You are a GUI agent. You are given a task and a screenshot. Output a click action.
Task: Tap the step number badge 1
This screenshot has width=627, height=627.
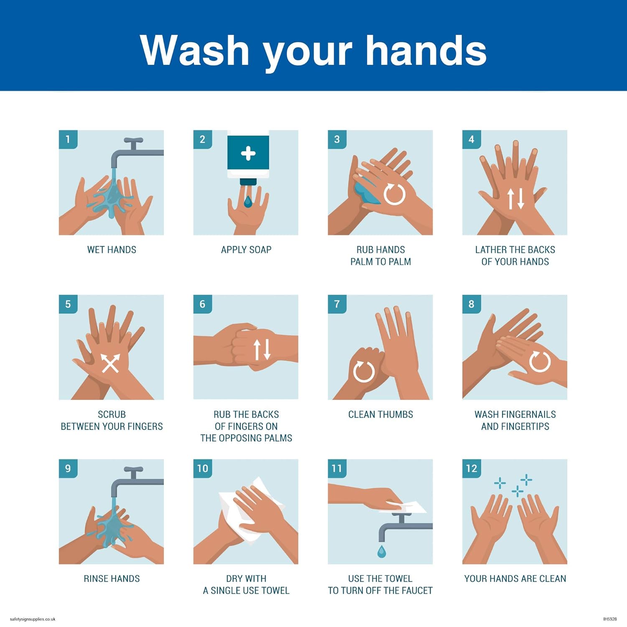68,139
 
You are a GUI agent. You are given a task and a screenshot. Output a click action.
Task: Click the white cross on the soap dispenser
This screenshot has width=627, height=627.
248,153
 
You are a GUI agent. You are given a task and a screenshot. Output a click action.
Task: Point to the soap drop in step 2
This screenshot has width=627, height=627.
248,202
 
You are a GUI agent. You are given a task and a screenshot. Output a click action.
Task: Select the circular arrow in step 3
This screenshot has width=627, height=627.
395,194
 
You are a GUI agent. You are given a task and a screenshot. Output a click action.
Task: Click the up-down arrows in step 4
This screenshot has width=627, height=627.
515,199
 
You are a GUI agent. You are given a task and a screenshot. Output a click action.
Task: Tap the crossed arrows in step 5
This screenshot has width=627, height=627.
110,363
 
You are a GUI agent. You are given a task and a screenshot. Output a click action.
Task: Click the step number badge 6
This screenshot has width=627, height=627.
202,304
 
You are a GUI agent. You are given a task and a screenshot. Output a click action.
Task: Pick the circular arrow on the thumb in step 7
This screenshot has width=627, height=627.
364,371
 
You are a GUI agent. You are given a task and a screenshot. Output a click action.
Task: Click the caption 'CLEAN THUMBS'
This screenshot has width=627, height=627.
380,414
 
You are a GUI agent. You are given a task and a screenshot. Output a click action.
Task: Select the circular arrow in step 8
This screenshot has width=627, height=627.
540,361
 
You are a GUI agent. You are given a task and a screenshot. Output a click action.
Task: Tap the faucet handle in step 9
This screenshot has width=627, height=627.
134,470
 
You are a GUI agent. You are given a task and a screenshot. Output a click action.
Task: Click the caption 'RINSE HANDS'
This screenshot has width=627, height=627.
112,579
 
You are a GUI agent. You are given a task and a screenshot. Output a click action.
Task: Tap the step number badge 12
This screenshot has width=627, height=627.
472,469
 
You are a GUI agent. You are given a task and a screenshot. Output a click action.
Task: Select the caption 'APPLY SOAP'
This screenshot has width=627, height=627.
246,250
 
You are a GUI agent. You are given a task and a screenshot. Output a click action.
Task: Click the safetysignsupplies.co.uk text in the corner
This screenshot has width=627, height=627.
33,619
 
